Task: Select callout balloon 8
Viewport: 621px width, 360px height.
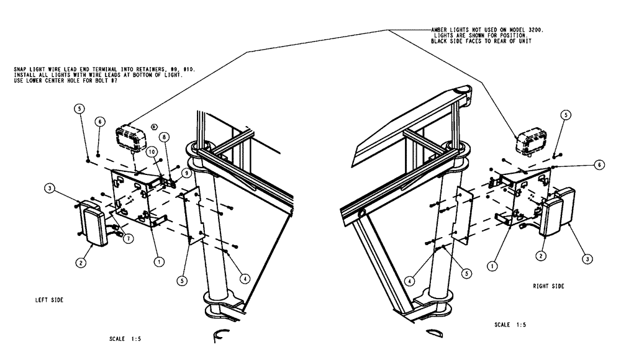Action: (x=163, y=137)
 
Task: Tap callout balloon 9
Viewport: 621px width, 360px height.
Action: (x=186, y=173)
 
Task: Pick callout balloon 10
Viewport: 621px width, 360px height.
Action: (x=151, y=151)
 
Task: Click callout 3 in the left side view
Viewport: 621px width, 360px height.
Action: (x=49, y=188)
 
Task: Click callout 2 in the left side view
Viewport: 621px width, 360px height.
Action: (x=81, y=263)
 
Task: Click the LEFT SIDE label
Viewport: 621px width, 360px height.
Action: (x=49, y=299)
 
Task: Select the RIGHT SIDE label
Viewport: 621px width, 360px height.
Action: (x=548, y=287)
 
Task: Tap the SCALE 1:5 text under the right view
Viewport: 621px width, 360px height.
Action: (x=512, y=324)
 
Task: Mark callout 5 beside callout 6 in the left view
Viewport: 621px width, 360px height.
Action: (x=79, y=107)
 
